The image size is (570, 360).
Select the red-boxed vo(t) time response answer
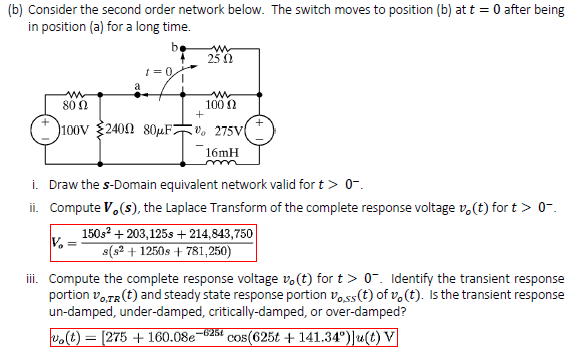pos(179,341)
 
